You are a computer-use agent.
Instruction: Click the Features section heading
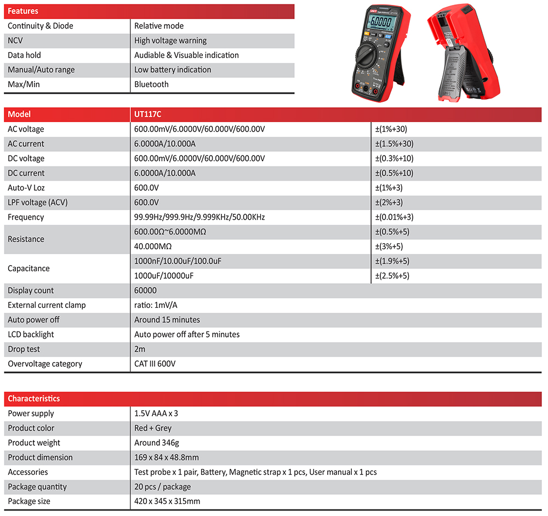pos(23,12)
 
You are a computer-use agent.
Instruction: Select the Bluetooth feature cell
pos(151,84)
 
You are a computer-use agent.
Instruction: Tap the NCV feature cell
pos(15,41)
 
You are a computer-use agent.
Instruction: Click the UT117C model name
pos(147,114)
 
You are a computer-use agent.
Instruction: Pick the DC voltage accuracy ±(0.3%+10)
pos(394,158)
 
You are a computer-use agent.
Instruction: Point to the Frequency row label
pos(26,217)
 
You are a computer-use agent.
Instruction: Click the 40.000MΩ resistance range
pos(153,246)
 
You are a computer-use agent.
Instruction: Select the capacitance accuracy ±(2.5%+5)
pos(392,276)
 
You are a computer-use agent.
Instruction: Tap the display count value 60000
pos(145,290)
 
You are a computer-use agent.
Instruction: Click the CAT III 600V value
pos(155,364)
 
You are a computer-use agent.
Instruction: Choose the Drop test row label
pos(24,349)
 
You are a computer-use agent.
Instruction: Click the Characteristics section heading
pos(34,399)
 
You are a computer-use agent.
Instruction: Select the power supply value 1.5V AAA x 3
pos(156,414)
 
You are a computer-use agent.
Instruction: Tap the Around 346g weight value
pos(157,443)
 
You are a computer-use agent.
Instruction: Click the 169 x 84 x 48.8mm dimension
pos(167,457)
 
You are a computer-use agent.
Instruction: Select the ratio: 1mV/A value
pos(156,305)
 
